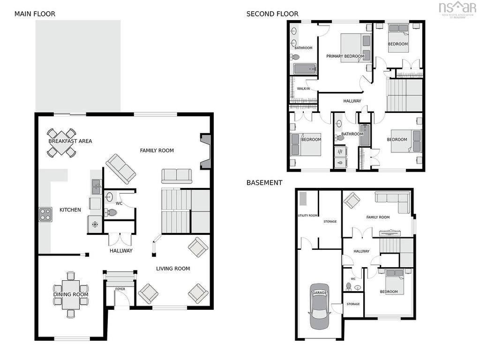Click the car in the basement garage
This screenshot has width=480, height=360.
320,306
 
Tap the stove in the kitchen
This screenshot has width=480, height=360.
45,214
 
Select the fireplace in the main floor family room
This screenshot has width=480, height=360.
205,151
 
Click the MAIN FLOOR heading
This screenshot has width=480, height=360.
35,14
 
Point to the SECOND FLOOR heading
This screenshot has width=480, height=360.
272,14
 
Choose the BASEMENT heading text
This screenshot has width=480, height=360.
264,182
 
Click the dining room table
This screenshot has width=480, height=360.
71,294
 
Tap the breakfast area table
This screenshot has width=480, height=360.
61,142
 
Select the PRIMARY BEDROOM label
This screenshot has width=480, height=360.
345,56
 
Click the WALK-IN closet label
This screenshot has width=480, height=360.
303,89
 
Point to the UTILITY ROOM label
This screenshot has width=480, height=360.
307,216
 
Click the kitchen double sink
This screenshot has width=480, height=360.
97,187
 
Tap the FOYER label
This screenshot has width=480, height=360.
120,289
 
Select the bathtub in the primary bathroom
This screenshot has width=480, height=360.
305,69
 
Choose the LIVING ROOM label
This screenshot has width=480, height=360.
173,269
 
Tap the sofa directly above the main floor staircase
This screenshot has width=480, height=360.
177,176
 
